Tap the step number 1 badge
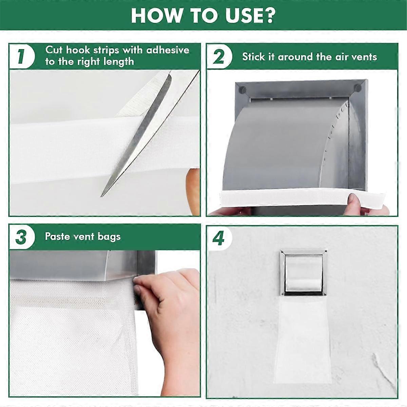pyautogui.click(x=21, y=56)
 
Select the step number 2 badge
pyautogui.click(x=219, y=56)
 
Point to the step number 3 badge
pyautogui.click(x=21, y=237)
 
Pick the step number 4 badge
pyautogui.click(x=219, y=238)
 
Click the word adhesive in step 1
pyautogui.click(x=168, y=50)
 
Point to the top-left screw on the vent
pyautogui.click(x=242, y=90)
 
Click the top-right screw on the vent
pyautogui.click(x=357, y=88)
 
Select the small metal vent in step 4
pyautogui.click(x=303, y=271)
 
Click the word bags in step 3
pyautogui.click(x=109, y=237)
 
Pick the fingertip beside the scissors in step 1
pyautogui.click(x=193, y=190)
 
